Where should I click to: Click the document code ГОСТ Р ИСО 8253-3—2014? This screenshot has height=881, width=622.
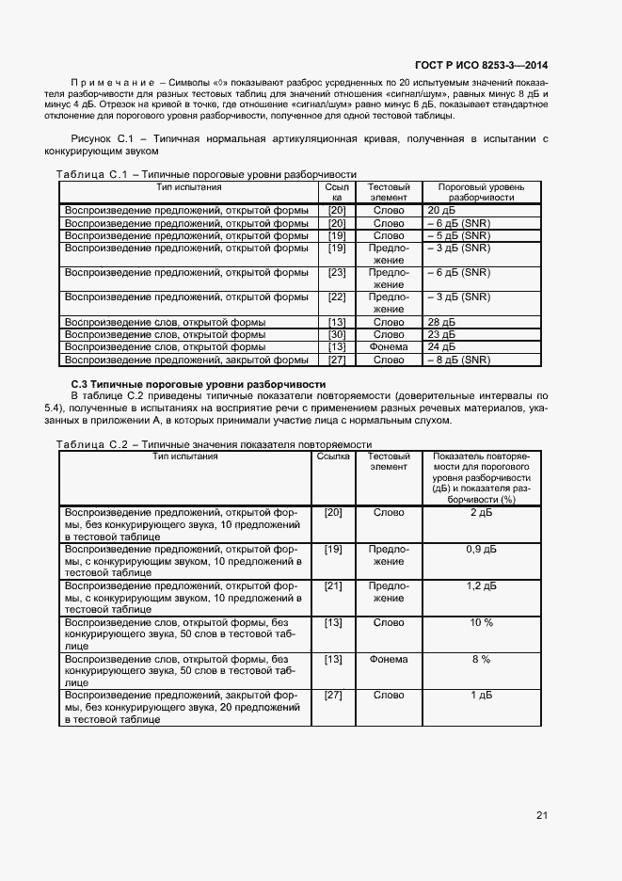481,65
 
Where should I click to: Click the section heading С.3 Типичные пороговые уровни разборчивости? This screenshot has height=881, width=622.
199,384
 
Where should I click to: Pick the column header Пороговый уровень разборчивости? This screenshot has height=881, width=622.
481,192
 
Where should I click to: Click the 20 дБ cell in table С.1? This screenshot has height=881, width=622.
441,210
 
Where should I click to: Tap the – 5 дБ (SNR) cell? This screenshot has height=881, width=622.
458,235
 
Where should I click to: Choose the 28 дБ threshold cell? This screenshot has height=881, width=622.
441,322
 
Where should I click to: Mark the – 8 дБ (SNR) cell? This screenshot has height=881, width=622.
458,360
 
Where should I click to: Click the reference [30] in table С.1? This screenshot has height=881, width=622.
336,334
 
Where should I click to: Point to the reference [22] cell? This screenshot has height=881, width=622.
336,296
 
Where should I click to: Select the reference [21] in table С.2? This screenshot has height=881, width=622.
332,585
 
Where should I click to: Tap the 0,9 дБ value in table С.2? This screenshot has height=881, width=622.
481,549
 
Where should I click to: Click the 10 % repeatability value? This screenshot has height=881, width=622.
481,622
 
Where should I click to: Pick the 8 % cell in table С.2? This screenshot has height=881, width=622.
481,659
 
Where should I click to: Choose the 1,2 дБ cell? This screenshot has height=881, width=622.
481,585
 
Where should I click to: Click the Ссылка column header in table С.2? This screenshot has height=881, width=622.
332,457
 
